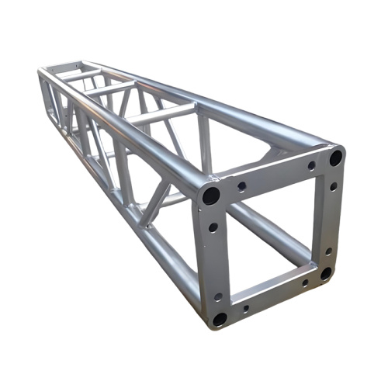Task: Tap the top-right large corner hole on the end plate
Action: click(335, 157)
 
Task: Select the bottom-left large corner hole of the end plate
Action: click(220, 318)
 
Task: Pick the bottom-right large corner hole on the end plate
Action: click(326, 273)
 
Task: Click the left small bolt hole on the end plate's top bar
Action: click(242, 186)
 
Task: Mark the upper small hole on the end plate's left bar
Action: click(213, 227)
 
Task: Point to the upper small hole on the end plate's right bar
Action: click(334, 186)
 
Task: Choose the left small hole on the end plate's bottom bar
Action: click(246, 308)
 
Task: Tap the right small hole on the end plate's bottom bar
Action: click(305, 283)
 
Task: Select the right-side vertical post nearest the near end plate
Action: click(204, 144)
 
